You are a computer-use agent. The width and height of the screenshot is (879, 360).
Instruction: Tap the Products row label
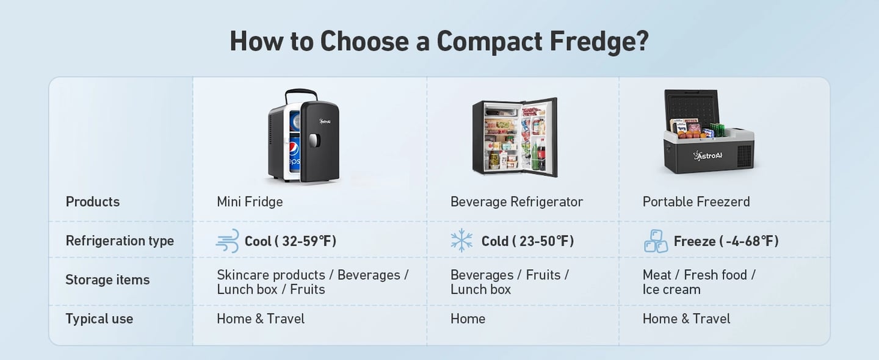point(93,202)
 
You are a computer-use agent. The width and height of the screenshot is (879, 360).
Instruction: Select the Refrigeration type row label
point(120,241)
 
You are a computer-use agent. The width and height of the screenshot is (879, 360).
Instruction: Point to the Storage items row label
point(107,280)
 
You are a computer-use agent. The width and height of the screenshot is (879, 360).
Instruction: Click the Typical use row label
point(99,319)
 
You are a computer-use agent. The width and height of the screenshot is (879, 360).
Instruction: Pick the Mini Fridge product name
point(250,202)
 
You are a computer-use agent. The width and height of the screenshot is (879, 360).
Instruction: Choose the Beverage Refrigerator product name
point(516,202)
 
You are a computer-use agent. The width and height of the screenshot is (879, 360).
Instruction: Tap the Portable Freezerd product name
point(696,202)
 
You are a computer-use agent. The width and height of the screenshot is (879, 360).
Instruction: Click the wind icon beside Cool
point(227,241)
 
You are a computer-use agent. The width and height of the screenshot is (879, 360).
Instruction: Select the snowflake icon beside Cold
point(461,241)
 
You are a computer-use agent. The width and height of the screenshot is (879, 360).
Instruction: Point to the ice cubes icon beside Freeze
point(656,241)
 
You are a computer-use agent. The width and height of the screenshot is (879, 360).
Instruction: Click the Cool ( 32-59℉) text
point(291,241)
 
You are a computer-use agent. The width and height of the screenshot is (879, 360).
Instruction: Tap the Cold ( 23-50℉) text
point(527,241)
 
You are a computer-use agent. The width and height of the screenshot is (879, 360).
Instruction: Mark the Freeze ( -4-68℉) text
point(726,241)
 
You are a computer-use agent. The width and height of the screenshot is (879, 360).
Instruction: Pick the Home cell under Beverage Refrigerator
point(468,319)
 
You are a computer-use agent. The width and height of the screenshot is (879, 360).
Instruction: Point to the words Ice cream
point(671,290)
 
